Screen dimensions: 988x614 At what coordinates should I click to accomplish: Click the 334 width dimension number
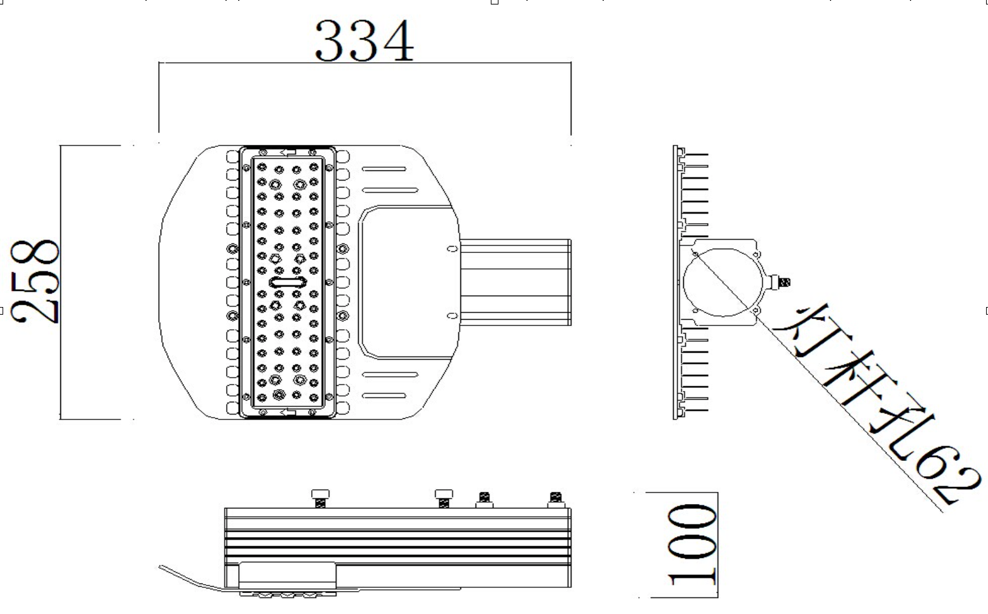pos(364,41)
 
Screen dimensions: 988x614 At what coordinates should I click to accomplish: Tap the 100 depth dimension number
pos(691,545)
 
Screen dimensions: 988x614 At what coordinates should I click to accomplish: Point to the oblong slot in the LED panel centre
pos(288,282)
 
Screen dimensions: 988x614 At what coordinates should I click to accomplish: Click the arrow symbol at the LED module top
pos(288,153)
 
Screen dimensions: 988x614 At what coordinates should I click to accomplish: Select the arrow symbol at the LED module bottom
pos(288,413)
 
